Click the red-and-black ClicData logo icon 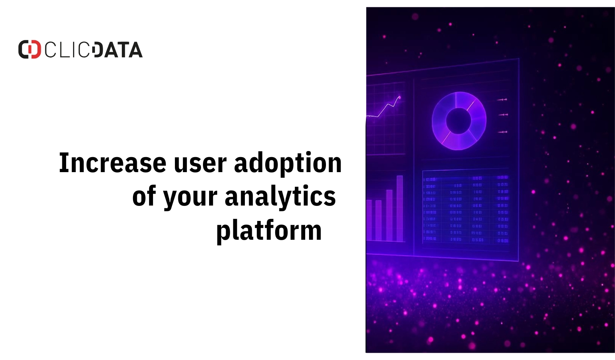[x=30, y=50]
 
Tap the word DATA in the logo [x=118, y=50]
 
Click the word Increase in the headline [x=112, y=163]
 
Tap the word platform [x=269, y=231]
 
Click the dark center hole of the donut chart [x=458, y=121]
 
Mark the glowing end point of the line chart [x=399, y=97]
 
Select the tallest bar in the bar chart [x=400, y=208]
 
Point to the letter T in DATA [x=123, y=50]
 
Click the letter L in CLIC [x=63, y=50]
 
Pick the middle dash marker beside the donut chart [x=503, y=114]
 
